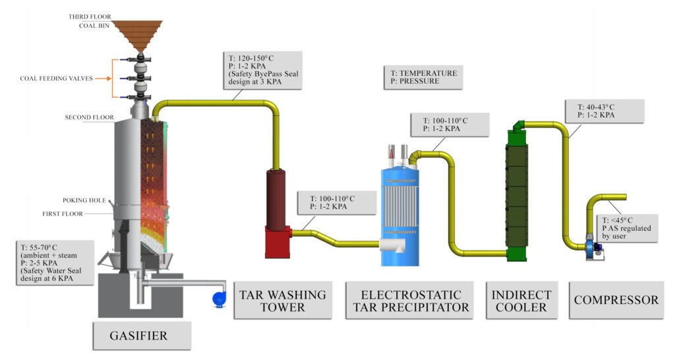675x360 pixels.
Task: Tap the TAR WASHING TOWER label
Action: click(x=281, y=300)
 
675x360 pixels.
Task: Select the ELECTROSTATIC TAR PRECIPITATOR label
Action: click(x=411, y=300)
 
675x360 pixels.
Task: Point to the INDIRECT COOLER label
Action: click(x=521, y=300)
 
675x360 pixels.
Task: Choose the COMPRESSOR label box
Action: click(x=616, y=300)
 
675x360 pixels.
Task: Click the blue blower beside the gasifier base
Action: click(x=220, y=298)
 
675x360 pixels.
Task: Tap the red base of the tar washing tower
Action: click(x=278, y=241)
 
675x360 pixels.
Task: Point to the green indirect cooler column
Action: click(x=520, y=191)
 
